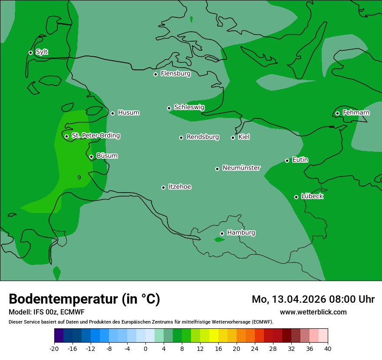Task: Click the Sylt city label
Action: [x=42, y=52]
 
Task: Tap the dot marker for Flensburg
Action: [x=155, y=74]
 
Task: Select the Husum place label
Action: [x=128, y=113]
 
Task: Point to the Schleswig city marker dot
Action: [x=169, y=108]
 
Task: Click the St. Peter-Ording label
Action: [x=95, y=136]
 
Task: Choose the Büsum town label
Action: [x=107, y=156]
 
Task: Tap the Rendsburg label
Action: [x=203, y=137]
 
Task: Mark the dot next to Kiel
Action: [x=233, y=137]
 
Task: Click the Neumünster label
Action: [x=241, y=168]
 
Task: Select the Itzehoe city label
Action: [x=180, y=187]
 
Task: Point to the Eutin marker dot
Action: [x=287, y=160]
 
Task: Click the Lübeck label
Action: [x=312, y=196]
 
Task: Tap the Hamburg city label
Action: [x=241, y=232]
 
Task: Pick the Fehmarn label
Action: [x=356, y=113]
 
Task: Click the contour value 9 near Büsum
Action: [x=79, y=177]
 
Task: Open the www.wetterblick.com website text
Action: [x=313, y=312]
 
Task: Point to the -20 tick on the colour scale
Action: [x=54, y=348]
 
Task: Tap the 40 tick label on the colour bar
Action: [x=328, y=348]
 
